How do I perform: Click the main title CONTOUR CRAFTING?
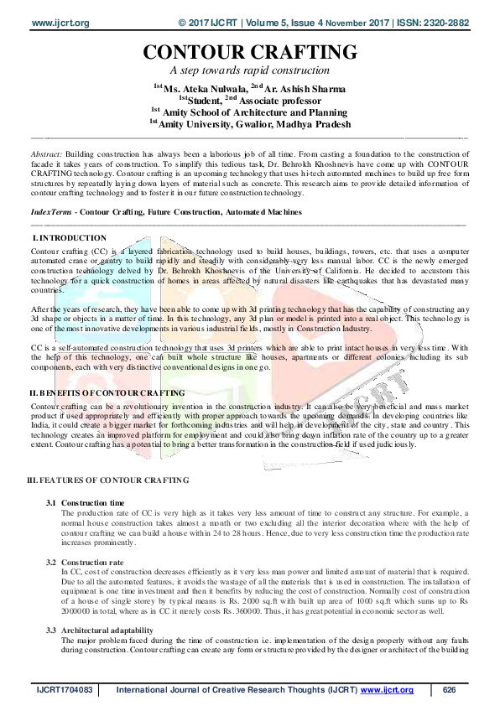249,53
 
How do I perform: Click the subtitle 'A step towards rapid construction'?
249,70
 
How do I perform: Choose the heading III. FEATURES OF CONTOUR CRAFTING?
108,479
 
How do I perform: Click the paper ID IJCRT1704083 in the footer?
63,690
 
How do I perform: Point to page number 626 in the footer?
450,690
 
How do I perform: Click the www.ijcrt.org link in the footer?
388,690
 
